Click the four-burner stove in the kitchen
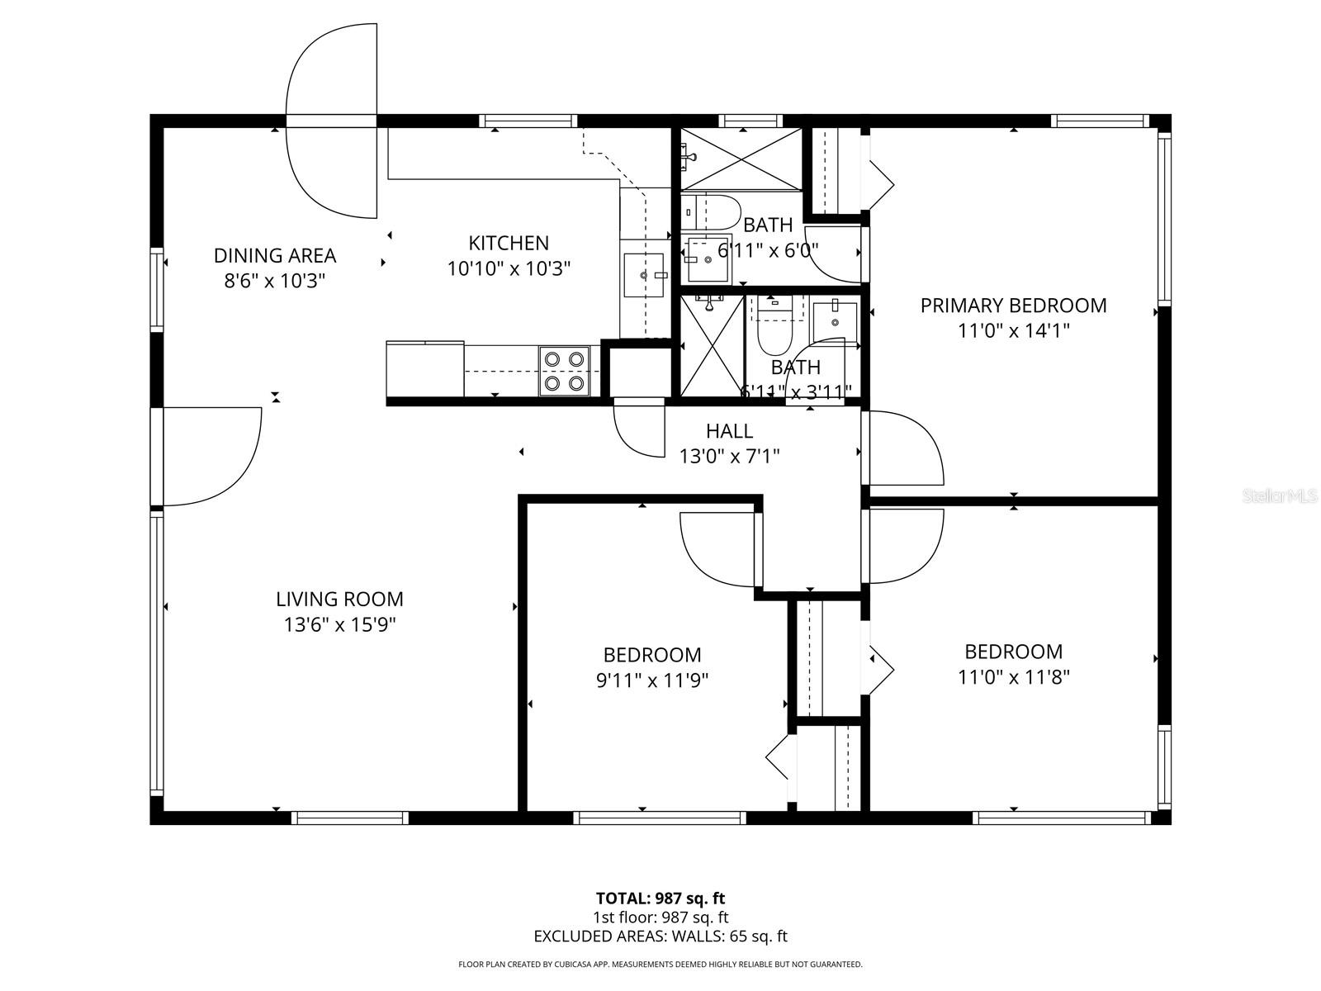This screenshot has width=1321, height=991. coord(565,371)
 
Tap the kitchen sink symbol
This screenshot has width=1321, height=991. coord(643,275)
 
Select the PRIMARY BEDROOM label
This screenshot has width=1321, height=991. coord(1013,306)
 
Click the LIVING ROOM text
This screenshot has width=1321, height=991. coord(339,599)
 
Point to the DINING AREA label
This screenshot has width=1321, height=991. coord(275,255)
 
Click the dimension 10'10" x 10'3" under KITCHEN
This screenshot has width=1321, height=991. coord(509,268)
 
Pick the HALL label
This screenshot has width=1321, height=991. coord(729,430)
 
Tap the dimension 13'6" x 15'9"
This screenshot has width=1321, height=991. coord(339,625)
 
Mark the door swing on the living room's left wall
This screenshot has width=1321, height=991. coord(211,456)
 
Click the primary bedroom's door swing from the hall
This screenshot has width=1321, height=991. coord(902,448)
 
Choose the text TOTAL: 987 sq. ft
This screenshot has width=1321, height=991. coord(660,898)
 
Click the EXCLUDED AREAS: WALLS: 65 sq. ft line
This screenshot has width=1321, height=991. coord(660,936)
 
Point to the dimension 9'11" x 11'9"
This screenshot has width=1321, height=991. coord(652,680)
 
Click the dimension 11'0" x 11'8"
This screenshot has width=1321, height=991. coord(1013,677)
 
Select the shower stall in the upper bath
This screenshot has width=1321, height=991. coord(741,159)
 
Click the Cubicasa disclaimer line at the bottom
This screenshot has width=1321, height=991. coord(660,964)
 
